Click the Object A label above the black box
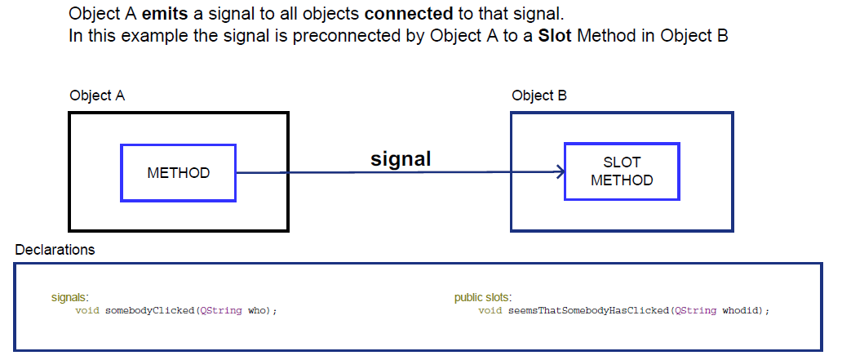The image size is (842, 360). coord(97,96)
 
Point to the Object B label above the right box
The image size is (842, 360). coord(539,96)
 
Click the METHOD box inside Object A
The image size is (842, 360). coord(178,173)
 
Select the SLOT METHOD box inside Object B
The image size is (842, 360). coord(622,171)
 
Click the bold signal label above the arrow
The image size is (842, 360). coord(401,159)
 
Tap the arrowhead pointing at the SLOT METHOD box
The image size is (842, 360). coord(560,172)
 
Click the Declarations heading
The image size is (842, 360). coord(55,250)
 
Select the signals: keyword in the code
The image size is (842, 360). coord(69,298)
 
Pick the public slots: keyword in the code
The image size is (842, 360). coord(483,298)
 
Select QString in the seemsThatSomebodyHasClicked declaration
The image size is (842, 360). coord(694,311)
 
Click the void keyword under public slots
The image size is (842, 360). coord(490,311)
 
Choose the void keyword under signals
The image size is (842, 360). coord(87,311)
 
